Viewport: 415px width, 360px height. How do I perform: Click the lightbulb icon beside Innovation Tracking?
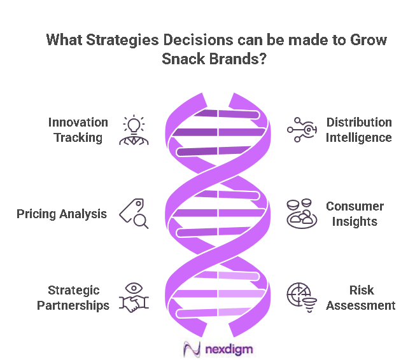tap(134, 130)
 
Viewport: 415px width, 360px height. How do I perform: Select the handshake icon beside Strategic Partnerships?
tap(134, 298)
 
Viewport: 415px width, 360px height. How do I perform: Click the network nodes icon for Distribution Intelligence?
tap(300, 130)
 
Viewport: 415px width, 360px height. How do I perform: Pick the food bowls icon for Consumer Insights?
tap(300, 214)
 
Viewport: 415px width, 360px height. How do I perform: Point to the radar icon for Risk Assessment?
tap(301, 297)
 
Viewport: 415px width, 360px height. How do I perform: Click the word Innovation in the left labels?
tap(78, 122)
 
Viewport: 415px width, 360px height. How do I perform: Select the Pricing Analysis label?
tap(62, 214)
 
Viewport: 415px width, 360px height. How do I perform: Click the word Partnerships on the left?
tap(73, 305)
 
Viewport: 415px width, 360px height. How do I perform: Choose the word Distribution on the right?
tap(359, 122)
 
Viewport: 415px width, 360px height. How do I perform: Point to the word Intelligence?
tap(359, 137)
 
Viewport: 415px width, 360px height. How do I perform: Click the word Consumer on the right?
tap(355, 206)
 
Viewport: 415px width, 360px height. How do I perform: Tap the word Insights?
tap(355, 221)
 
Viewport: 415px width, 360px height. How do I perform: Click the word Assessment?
tap(361, 305)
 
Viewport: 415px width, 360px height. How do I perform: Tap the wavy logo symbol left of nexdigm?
tap(192, 349)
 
